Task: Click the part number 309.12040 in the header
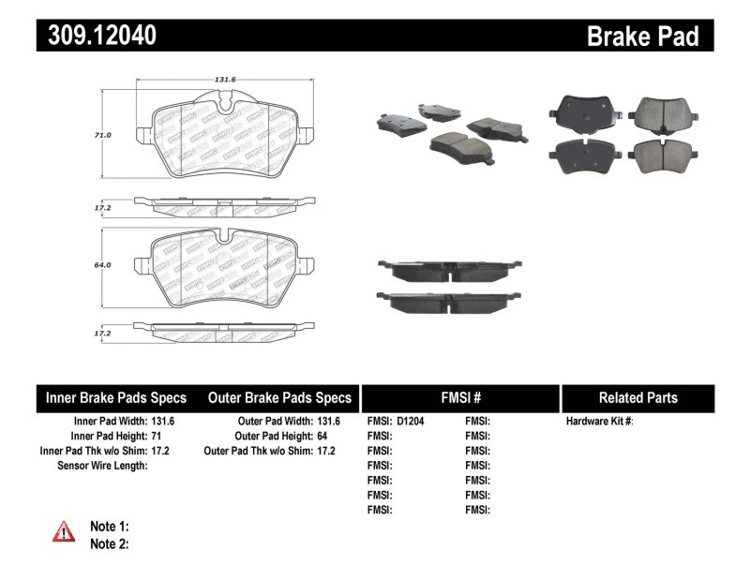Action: click(97, 36)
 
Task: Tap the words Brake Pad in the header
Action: click(642, 36)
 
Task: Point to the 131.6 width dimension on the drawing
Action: click(221, 81)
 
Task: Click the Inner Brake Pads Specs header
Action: click(116, 398)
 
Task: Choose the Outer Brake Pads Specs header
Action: click(279, 398)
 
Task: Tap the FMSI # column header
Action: click(459, 398)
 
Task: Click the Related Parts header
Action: click(637, 398)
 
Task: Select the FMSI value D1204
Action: click(410, 422)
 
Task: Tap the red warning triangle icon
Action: click(64, 532)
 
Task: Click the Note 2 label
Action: click(109, 543)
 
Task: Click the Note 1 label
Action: click(109, 526)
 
